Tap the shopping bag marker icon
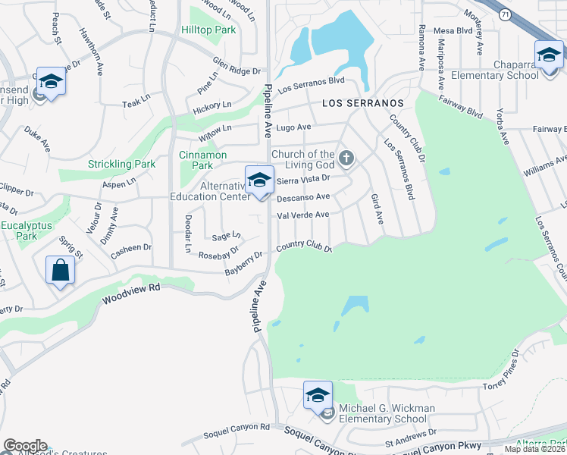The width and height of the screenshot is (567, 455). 60,271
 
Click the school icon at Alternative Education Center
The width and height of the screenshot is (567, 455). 259,180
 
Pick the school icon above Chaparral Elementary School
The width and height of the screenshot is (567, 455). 549,55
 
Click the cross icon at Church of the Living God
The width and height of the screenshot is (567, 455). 346,158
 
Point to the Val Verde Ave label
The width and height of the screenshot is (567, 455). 303,215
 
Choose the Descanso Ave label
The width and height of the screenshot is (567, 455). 303,197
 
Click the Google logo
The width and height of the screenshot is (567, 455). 25,446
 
